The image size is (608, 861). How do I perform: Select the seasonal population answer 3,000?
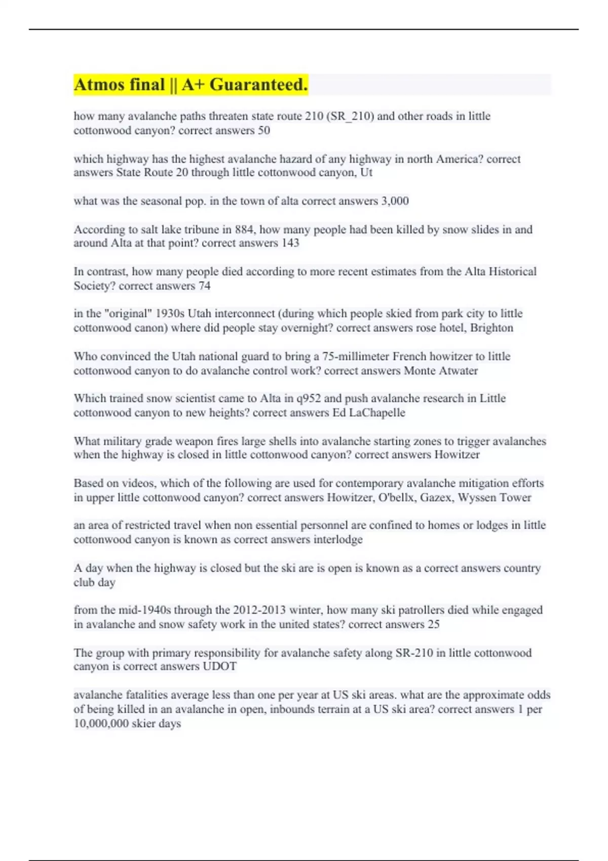tap(395, 201)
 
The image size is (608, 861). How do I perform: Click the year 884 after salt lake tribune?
tap(245, 229)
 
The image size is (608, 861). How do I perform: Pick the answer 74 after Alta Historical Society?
tap(204, 286)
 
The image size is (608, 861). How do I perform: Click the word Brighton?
tap(491, 328)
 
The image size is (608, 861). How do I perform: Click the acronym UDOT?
tap(219, 666)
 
